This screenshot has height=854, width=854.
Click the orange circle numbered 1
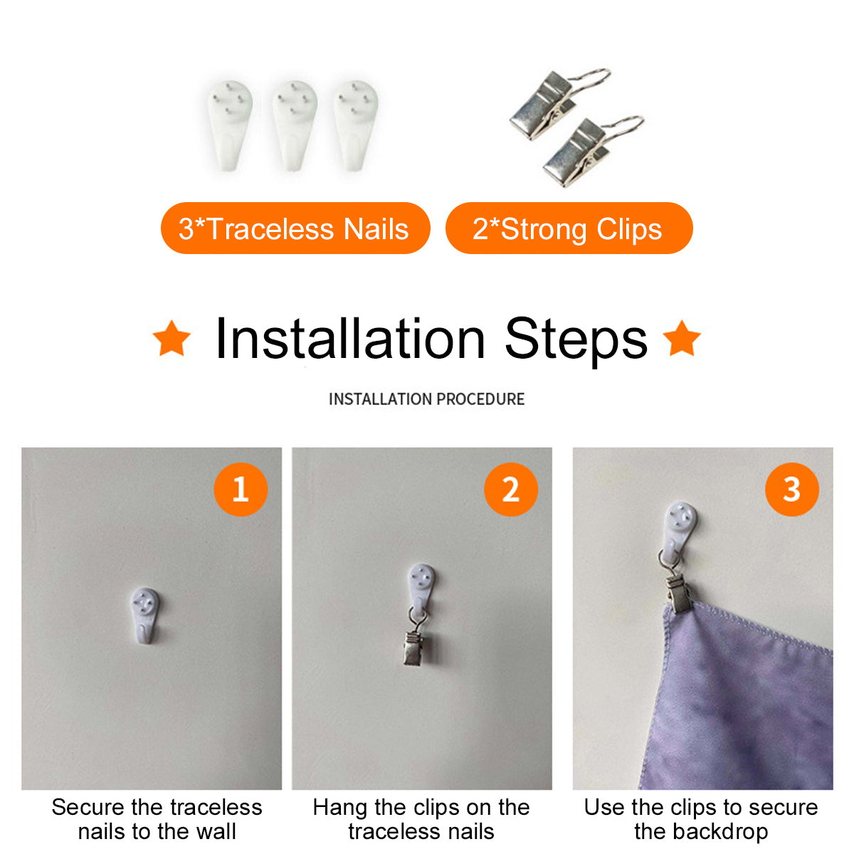tap(241, 489)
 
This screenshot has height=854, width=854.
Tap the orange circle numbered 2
tap(510, 489)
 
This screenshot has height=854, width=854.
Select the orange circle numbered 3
tap(791, 489)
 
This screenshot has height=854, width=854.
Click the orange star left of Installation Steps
tap(172, 338)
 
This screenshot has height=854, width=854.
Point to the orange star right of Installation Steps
tap(682, 338)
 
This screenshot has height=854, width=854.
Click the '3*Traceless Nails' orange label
tap(295, 228)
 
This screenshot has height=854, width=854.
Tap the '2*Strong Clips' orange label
tap(569, 228)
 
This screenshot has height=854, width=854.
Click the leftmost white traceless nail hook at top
tap(230, 125)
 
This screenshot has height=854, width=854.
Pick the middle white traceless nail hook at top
tap(294, 125)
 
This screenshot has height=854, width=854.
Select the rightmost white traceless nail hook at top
tap(356, 125)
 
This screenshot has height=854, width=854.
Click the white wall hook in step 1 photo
tap(144, 616)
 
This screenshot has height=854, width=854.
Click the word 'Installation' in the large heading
tap(349, 339)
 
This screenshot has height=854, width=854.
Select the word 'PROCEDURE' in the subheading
tap(480, 399)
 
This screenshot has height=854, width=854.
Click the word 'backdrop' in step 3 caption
tap(721, 832)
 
